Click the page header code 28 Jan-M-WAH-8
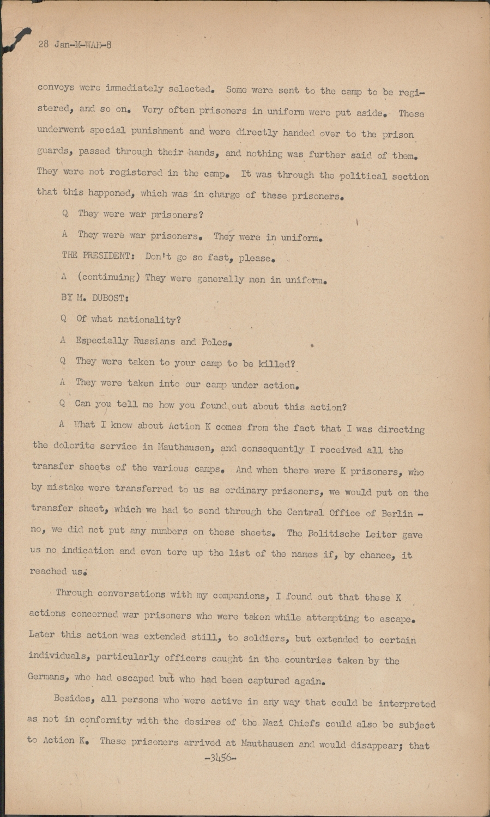(x=75, y=45)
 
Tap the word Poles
(x=217, y=342)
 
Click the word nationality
(x=150, y=320)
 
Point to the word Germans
(x=48, y=677)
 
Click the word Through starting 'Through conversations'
(x=74, y=594)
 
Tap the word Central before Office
(x=305, y=512)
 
